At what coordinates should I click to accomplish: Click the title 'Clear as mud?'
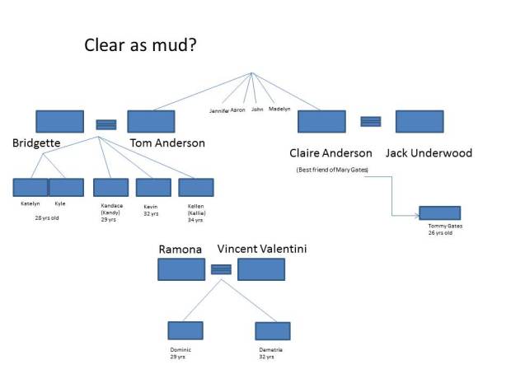(x=140, y=44)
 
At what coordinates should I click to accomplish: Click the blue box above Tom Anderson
(x=151, y=121)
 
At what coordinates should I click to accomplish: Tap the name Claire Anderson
(x=331, y=153)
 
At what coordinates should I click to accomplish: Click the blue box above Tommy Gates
(x=439, y=213)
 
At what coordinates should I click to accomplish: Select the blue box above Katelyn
(x=30, y=187)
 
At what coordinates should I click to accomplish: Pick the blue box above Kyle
(x=67, y=187)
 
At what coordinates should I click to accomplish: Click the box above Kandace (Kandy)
(x=110, y=187)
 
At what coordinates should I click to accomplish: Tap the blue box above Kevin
(x=153, y=187)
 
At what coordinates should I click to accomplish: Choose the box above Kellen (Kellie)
(x=196, y=187)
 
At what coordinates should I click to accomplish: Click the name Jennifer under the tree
(x=218, y=110)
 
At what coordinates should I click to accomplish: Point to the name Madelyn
(x=280, y=109)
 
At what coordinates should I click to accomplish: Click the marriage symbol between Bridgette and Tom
(x=105, y=124)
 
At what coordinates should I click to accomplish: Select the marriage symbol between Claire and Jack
(x=371, y=121)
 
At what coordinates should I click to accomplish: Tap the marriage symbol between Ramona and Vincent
(x=221, y=269)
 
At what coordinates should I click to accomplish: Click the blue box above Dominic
(x=185, y=330)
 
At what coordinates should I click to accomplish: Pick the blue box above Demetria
(x=273, y=330)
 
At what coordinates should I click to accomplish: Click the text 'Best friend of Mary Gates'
(x=332, y=170)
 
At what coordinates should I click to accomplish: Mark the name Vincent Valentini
(x=262, y=249)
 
